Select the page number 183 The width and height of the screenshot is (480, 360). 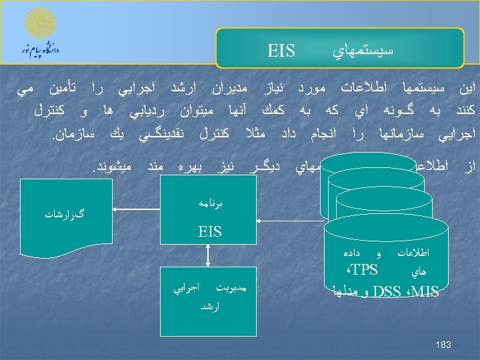point(443,345)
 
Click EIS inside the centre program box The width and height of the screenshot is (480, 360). point(209,232)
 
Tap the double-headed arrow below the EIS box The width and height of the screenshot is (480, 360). point(209,257)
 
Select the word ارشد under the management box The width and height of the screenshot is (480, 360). point(209,307)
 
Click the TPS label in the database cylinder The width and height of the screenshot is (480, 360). point(364,270)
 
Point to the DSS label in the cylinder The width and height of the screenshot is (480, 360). point(387,291)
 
